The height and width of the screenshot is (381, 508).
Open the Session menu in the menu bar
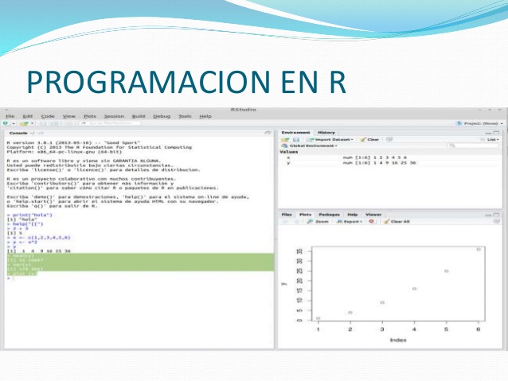pyautogui.click(x=114, y=116)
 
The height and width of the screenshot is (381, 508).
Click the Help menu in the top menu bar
pyautogui.click(x=205, y=116)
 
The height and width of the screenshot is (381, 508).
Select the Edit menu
pyautogui.click(x=27, y=116)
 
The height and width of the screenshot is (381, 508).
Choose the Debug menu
pyautogui.click(x=162, y=116)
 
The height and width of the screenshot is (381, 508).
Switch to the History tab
pyautogui.click(x=326, y=132)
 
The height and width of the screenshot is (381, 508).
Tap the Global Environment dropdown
pyautogui.click(x=313, y=146)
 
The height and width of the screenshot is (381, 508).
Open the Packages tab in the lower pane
pyautogui.click(x=329, y=215)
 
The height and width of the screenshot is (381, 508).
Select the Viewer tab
pyautogui.click(x=373, y=215)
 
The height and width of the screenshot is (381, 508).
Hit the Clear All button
pyautogui.click(x=400, y=221)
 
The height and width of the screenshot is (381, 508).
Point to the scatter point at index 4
pyautogui.click(x=414, y=289)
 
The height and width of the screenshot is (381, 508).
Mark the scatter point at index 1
pyautogui.click(x=318, y=318)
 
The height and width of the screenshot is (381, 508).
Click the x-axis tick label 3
pyautogui.click(x=382, y=329)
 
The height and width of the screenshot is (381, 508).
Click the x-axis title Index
pyautogui.click(x=398, y=340)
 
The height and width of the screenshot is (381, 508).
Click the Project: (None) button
pyautogui.click(x=479, y=123)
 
